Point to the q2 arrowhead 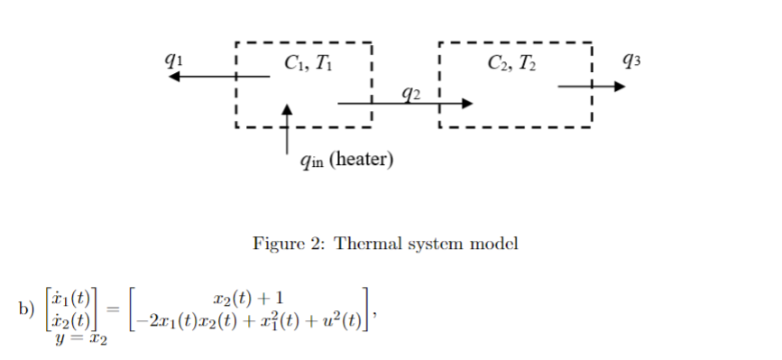pyautogui.click(x=466, y=104)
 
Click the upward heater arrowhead pyautogui.click(x=288, y=108)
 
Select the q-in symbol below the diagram pyautogui.click(x=311, y=162)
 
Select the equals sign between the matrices pyautogui.click(x=113, y=309)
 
